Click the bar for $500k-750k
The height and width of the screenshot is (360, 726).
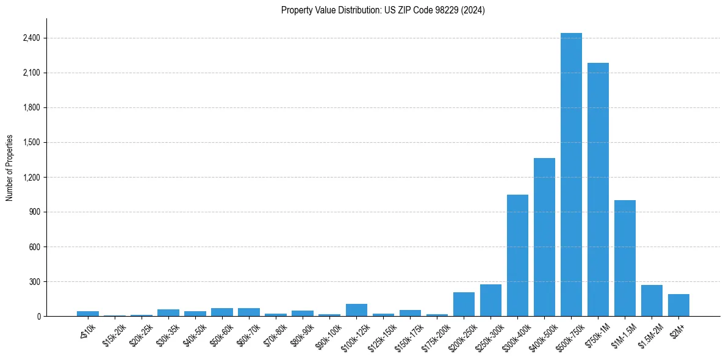(x=571, y=175)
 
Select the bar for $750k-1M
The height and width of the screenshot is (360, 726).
(x=598, y=190)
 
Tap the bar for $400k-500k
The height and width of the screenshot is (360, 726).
(x=544, y=237)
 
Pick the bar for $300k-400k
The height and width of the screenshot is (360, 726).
(x=517, y=256)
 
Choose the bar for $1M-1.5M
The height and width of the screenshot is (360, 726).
(x=625, y=258)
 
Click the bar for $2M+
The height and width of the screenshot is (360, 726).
(x=678, y=305)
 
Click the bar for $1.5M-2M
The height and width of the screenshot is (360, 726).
(x=652, y=301)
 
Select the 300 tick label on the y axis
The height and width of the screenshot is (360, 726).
(x=34, y=282)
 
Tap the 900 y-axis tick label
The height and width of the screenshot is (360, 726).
(x=34, y=212)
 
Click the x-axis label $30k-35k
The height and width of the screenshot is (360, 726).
(x=168, y=333)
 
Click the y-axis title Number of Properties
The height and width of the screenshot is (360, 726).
(x=10, y=167)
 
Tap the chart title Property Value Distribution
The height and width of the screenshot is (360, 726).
(x=383, y=10)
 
